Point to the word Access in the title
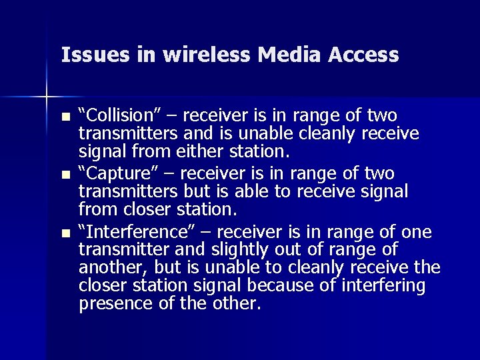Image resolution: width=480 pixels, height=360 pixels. [x=364, y=55]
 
